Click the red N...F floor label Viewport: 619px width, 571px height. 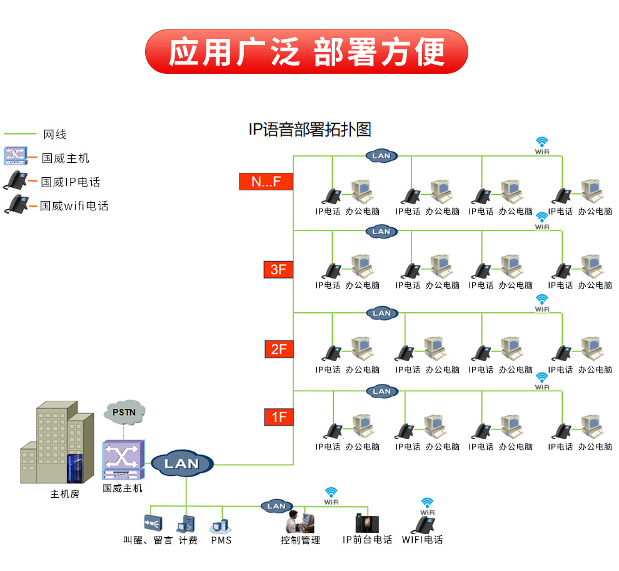(x=266, y=182)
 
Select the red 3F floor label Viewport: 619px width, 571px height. (x=278, y=270)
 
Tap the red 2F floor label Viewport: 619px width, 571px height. (x=279, y=349)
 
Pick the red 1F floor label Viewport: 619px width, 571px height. (x=279, y=417)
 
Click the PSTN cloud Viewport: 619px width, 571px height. (x=124, y=411)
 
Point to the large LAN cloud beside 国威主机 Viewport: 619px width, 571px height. (x=182, y=463)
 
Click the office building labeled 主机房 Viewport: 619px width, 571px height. (x=58, y=442)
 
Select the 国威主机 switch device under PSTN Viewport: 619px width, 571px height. (x=123, y=460)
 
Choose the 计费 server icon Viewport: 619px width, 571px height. (x=186, y=524)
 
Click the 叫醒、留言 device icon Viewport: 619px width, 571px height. (x=153, y=523)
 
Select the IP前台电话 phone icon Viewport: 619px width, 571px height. (x=367, y=523)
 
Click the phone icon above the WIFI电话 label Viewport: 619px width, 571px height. (x=423, y=525)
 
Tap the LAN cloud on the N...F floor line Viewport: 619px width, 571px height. (x=381, y=156)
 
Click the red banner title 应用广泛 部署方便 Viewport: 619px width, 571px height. (x=307, y=52)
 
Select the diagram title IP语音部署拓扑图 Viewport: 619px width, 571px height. (x=310, y=130)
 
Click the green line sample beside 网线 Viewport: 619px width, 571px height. (x=20, y=134)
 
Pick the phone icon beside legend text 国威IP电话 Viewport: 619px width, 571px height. (x=16, y=180)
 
